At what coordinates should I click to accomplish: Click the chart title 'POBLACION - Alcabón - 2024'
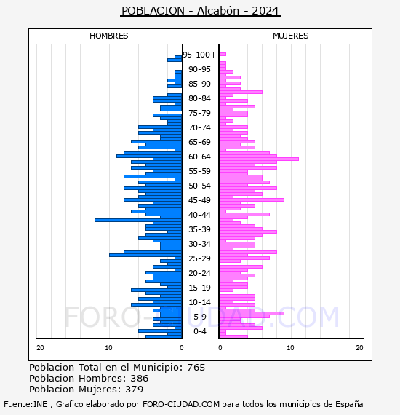coord(200,11)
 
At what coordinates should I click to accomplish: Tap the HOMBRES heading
coord(108,36)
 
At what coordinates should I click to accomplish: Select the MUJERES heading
coord(291,36)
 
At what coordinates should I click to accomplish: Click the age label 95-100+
coord(199,55)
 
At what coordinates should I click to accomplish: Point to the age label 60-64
coord(199,157)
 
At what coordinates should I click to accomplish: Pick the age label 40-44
coord(199,215)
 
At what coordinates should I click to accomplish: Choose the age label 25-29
coord(199,258)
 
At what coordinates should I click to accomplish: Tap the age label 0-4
coord(199,331)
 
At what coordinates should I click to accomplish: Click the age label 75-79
coord(199,113)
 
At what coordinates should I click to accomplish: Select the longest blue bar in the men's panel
coord(138,220)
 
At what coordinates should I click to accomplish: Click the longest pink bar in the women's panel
coord(259,159)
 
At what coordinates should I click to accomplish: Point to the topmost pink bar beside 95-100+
coord(223,55)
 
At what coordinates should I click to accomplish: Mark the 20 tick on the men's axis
coord(40,348)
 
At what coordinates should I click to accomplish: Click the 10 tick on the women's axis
coord(290,348)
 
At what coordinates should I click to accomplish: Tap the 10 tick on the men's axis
coord(108,348)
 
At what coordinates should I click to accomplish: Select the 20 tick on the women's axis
coord(359,348)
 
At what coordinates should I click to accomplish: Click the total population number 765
coord(196,368)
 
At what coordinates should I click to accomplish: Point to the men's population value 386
coord(140,378)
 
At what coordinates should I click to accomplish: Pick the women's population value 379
coord(135,389)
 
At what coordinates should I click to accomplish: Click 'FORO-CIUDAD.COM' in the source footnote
coord(181,404)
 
